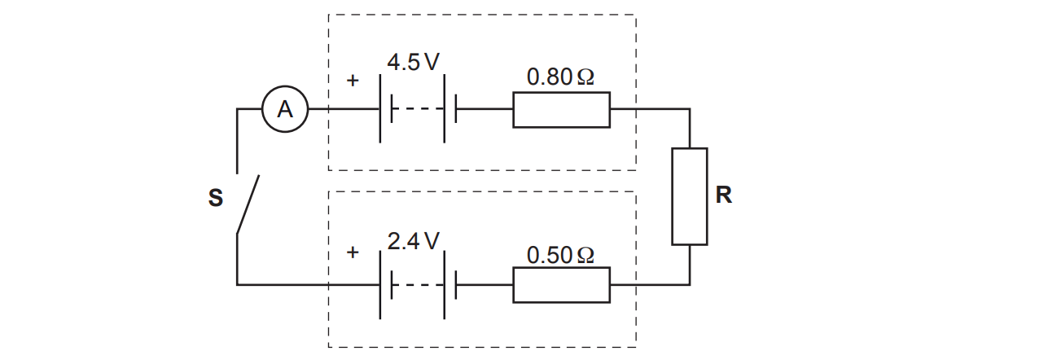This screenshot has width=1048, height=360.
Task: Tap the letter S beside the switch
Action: point(216,198)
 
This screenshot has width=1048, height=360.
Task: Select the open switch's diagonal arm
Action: point(248,204)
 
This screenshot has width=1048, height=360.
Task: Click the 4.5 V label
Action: point(413,62)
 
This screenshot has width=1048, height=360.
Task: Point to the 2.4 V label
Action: point(413,241)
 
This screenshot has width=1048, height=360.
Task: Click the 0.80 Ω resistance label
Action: point(560,77)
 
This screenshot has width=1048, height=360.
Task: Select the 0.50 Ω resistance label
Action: point(560,255)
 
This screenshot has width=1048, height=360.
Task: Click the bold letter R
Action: point(724,195)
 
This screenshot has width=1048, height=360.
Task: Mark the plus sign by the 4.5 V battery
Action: point(353,81)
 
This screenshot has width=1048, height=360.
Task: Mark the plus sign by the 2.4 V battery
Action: point(353,252)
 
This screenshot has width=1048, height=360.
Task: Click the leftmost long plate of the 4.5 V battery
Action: point(380,108)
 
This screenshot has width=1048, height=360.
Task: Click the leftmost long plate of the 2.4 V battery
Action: point(380,284)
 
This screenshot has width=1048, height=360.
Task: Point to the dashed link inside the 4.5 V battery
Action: point(418,109)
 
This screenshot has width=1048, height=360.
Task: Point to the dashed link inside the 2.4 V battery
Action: point(418,284)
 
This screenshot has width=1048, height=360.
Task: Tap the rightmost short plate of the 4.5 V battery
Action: point(456,108)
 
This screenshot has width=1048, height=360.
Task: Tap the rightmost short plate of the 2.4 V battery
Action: point(456,284)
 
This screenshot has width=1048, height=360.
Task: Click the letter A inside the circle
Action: point(285,109)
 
